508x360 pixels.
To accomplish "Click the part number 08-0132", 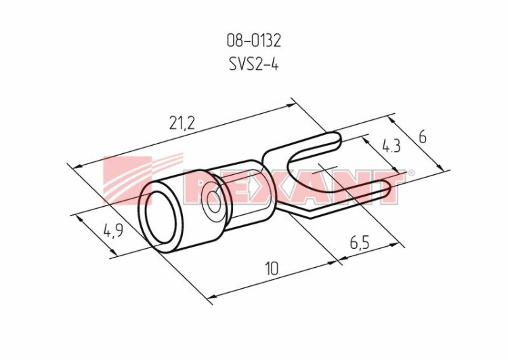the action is click(x=253, y=41).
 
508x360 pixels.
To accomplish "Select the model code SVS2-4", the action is click(x=253, y=64).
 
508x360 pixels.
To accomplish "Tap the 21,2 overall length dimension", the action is click(x=182, y=123).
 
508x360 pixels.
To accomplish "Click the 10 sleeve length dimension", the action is click(x=272, y=268).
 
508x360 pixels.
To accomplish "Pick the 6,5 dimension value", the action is click(x=360, y=242).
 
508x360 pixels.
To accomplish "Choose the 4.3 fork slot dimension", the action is click(x=391, y=146).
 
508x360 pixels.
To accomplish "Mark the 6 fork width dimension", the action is click(x=422, y=138).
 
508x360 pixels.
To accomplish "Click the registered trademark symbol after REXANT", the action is click(x=410, y=172).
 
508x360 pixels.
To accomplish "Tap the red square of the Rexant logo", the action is click(x=127, y=180).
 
